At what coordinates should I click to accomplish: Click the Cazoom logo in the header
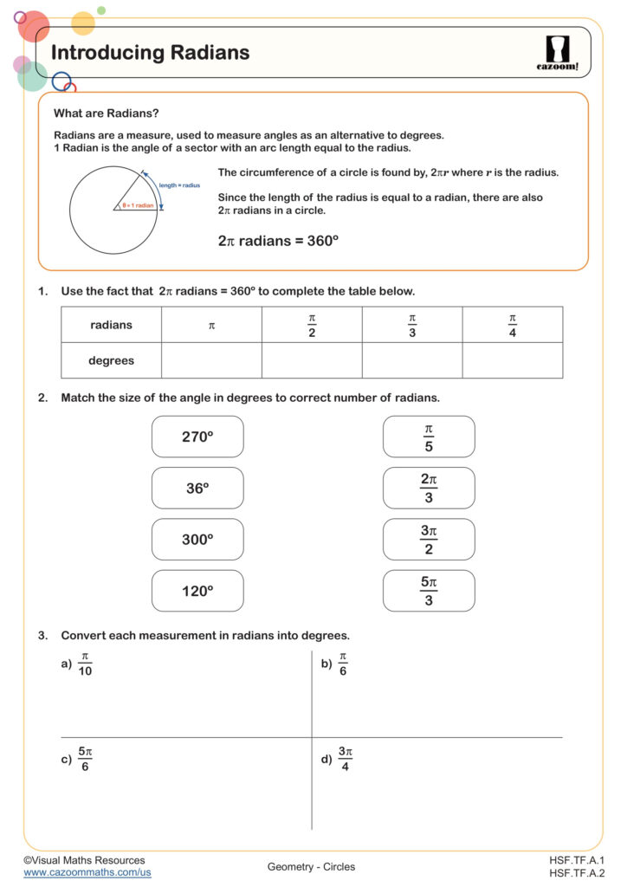tap(557, 53)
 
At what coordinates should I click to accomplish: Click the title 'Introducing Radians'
tap(151, 53)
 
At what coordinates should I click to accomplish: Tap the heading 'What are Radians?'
tap(107, 113)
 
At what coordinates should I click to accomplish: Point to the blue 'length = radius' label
tap(179, 185)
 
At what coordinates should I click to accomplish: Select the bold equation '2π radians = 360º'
tap(278, 241)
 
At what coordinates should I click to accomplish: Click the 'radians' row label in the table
tap(111, 325)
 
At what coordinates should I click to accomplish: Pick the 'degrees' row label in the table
tap(111, 360)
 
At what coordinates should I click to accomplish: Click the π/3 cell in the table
tap(412, 325)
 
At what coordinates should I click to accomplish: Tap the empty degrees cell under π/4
tap(512, 360)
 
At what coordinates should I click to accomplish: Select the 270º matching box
tap(197, 437)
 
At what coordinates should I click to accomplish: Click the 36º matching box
tap(197, 489)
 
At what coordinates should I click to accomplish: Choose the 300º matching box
tap(197, 540)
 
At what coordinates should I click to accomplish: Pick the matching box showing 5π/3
tap(429, 591)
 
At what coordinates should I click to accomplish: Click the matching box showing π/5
tap(429, 437)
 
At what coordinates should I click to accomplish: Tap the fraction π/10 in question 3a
tap(85, 664)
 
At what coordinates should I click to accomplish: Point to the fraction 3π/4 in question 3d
tap(346, 759)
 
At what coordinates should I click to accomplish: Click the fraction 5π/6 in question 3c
tap(85, 759)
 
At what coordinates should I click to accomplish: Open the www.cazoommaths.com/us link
tap(87, 872)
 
